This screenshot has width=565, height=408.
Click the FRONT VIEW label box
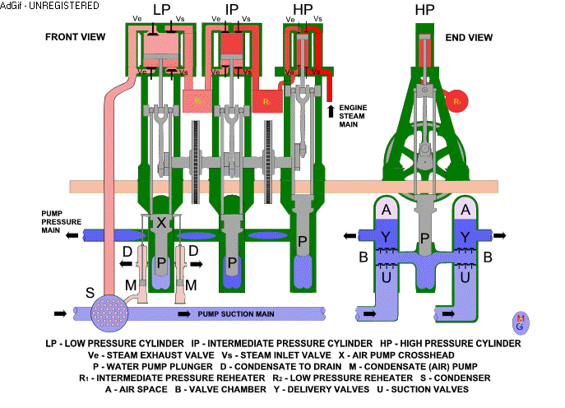(74, 37)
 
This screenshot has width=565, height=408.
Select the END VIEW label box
(468, 37)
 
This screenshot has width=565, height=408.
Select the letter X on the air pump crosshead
(161, 223)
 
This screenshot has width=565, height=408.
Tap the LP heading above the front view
(161, 11)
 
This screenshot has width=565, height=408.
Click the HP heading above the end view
(425, 11)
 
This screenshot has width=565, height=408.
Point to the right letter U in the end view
(466, 278)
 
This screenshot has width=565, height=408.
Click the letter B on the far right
(488, 257)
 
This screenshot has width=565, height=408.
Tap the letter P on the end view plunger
(425, 238)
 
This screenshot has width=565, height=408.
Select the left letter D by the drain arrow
(127, 250)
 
